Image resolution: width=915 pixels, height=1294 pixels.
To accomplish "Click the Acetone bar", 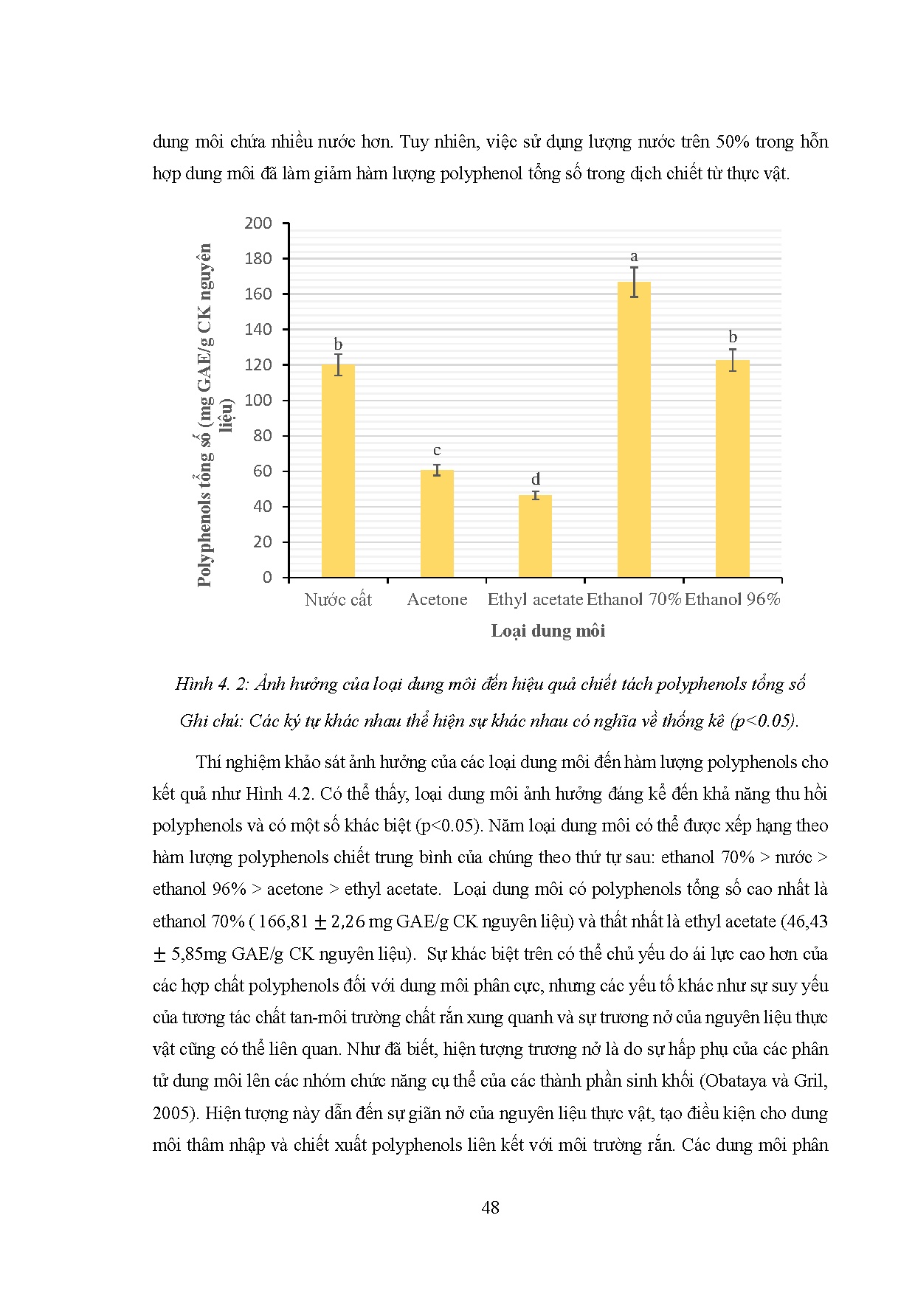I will tap(437, 524).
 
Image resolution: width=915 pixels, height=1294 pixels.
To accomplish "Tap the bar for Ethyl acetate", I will tap(535, 536).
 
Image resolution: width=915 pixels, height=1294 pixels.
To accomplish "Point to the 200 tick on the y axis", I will tap(258, 224).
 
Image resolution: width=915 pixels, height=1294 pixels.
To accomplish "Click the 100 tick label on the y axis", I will tap(258, 401).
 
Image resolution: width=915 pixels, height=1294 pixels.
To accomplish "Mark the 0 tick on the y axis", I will tap(267, 578).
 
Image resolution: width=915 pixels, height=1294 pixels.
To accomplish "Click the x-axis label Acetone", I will tap(437, 600).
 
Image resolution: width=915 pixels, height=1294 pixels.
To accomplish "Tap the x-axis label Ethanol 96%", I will tap(732, 600).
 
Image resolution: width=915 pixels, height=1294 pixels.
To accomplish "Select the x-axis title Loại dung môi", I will tap(548, 631).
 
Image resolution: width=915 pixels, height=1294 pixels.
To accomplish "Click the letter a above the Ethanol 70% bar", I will tap(634, 257).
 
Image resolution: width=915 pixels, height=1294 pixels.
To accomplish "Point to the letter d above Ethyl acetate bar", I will tap(536, 480).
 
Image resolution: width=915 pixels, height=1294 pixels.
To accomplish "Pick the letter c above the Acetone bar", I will tap(437, 451).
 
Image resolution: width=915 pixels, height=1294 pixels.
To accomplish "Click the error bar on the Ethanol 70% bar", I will tap(634, 281).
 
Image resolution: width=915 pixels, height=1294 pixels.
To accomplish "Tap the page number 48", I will tap(490, 1207).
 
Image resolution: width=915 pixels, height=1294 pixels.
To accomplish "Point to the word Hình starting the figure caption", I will tap(193, 685).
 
